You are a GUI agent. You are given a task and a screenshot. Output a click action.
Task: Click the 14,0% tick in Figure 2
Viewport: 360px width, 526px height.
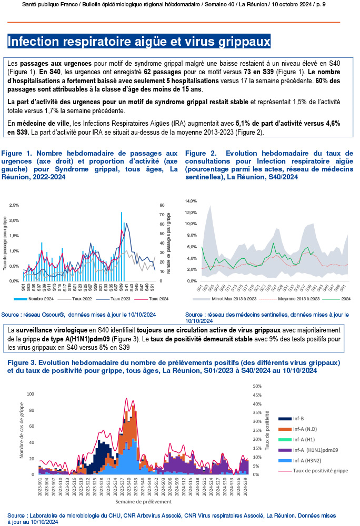pyautogui.click(x=190, y=201)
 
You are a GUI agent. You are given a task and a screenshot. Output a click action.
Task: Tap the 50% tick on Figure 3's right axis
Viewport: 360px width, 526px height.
pyautogui.click(x=258, y=386)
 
